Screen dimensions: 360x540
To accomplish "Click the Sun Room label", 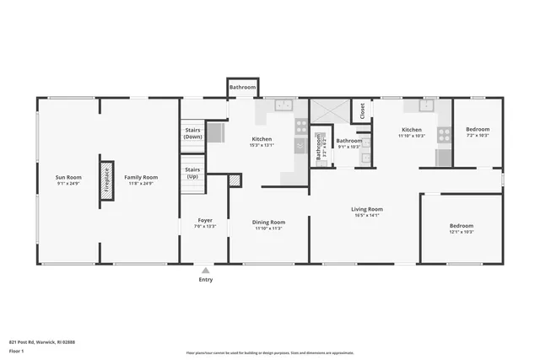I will [x=68, y=177].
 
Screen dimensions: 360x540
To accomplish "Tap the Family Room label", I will [x=141, y=177].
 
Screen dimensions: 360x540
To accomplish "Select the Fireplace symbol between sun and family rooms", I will [x=107, y=180].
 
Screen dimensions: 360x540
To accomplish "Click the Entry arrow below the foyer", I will [x=205, y=270].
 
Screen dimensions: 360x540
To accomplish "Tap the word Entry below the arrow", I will [x=205, y=279].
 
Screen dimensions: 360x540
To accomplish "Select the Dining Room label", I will [x=269, y=222].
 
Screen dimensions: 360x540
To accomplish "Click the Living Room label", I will [x=367, y=209].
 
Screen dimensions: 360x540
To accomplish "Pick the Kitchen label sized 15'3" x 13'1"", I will [x=262, y=138].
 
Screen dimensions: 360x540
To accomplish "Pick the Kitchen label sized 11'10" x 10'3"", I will [x=412, y=130].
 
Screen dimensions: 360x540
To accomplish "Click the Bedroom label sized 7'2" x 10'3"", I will [x=478, y=130].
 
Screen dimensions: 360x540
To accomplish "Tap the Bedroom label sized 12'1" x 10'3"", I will [x=462, y=225].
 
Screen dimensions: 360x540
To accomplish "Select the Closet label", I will [x=362, y=110].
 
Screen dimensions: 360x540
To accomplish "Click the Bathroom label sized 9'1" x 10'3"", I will [x=348, y=141].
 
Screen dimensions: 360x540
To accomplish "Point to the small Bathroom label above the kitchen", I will [x=242, y=86].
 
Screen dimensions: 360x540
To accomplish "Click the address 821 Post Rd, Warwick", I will [x=42, y=341].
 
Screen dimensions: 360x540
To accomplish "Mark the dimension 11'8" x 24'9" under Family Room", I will [x=141, y=183].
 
